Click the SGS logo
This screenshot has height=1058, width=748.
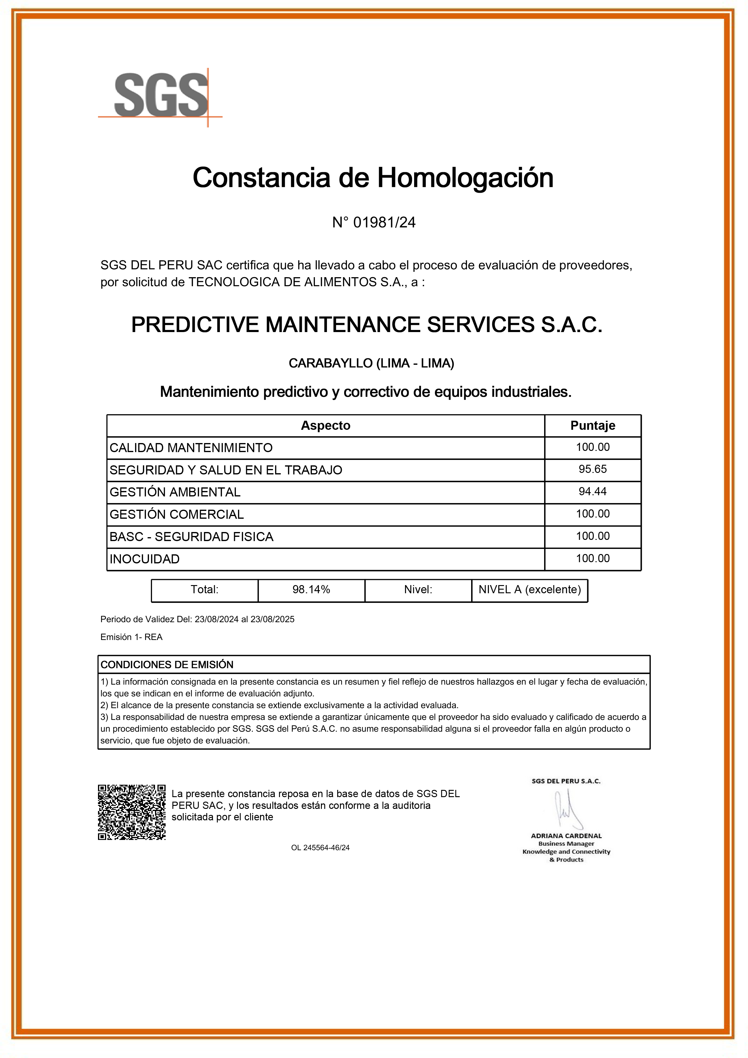pos(160,95)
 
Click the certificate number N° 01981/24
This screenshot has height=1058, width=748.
pos(374,223)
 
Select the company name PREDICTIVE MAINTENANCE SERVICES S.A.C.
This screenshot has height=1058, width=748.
pos(367,325)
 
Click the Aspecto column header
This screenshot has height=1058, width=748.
pos(325,425)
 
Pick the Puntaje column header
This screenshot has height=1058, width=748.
pos(593,425)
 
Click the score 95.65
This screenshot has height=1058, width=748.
pos(593,469)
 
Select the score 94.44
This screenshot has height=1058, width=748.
pos(593,491)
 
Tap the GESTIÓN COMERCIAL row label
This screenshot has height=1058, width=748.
pos(176,514)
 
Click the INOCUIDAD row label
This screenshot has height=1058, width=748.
pos(145,559)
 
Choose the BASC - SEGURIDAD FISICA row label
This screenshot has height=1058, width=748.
pos(191,537)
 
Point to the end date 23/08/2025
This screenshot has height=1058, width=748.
pos(272,619)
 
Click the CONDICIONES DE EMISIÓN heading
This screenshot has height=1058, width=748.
pos(167,664)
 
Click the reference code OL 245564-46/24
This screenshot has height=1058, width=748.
pos(320,847)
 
